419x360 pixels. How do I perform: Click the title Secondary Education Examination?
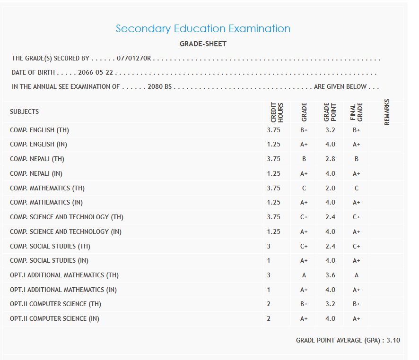point(203,28)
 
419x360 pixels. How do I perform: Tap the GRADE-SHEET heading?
point(203,44)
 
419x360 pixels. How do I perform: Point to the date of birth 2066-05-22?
point(99,73)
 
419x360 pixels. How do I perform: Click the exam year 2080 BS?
point(159,87)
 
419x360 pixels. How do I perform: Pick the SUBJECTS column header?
point(25,112)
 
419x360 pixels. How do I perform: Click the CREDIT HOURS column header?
point(277,112)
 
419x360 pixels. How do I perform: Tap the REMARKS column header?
point(387,112)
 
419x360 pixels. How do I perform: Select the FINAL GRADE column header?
point(356,112)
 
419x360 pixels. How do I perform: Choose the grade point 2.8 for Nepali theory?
point(330,159)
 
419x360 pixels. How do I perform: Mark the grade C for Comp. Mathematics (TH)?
point(304,188)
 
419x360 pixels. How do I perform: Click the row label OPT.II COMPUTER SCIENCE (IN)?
point(54,318)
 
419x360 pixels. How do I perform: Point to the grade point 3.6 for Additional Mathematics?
point(330,275)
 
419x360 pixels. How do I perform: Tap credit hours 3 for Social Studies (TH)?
point(269,246)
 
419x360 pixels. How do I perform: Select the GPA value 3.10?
point(393,340)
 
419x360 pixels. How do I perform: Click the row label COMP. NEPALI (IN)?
point(36,173)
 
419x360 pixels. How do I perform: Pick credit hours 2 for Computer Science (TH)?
point(269,304)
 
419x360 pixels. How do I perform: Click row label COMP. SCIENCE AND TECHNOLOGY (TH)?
point(67,217)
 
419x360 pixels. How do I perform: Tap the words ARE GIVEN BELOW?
point(340,87)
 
